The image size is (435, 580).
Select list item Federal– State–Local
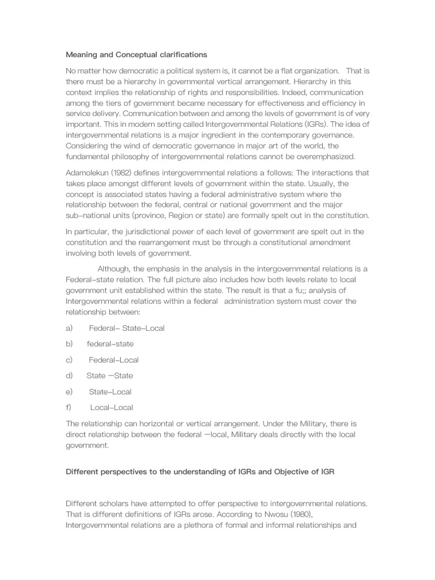tap(127, 328)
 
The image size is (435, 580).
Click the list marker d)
tap(70, 376)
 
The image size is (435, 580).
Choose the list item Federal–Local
tap(114, 360)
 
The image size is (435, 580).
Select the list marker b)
tap(70, 344)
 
